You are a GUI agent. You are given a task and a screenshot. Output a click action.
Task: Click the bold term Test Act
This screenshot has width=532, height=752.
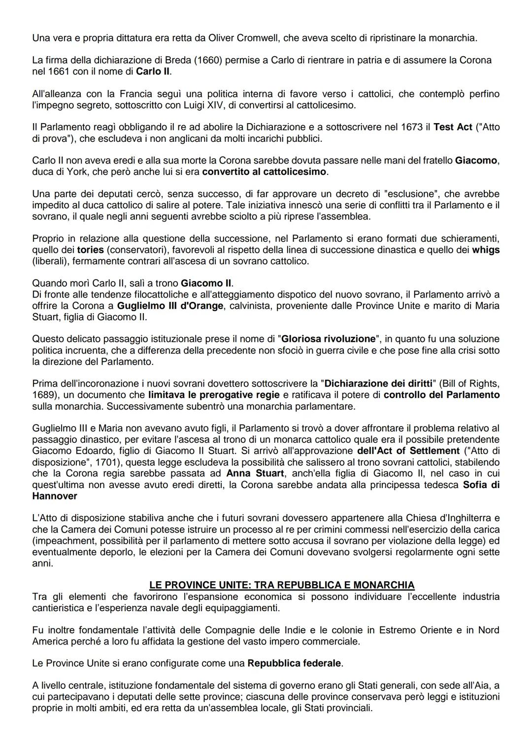tap(452, 127)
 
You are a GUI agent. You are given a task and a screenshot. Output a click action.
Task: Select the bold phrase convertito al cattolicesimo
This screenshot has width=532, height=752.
tap(264, 172)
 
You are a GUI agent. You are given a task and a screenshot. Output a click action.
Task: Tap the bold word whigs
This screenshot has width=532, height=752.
tap(486, 250)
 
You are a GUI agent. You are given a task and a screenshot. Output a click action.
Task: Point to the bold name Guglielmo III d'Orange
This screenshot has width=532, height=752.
tap(170, 305)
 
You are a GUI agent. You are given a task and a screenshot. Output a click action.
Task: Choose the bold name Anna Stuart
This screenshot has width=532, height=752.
tap(255, 473)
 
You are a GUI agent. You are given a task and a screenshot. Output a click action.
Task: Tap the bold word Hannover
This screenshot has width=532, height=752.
tap(55, 496)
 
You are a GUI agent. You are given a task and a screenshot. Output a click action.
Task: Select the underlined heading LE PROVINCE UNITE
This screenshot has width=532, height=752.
tap(282, 585)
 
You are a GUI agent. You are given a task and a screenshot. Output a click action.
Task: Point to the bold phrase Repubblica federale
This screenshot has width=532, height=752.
tap(294, 663)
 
